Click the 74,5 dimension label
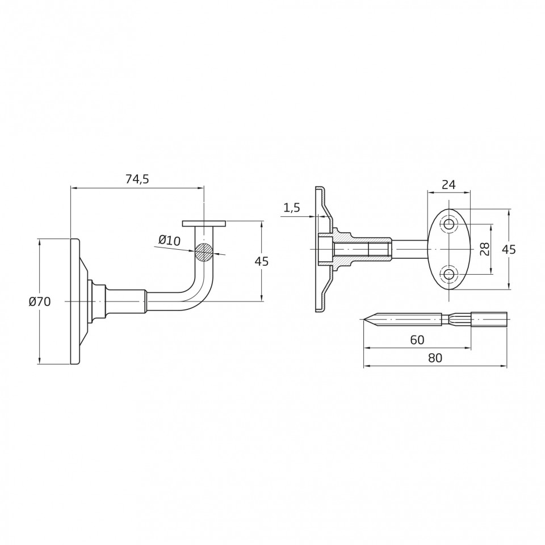click(x=137, y=179)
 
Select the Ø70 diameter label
click(x=40, y=301)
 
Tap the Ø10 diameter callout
click(x=170, y=240)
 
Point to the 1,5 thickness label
click(x=292, y=208)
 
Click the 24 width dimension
click(x=448, y=185)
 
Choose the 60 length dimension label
click(x=417, y=339)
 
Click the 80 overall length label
click(x=435, y=358)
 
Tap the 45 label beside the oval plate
click(x=509, y=249)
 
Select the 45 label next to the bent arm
click(x=261, y=261)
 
